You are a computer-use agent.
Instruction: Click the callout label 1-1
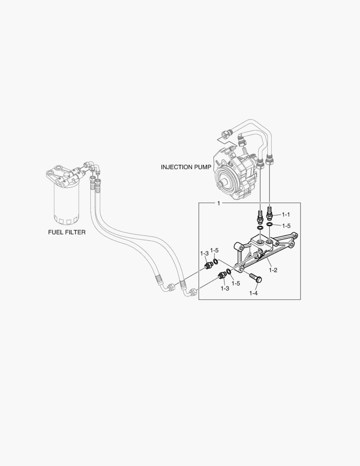(x=286, y=214)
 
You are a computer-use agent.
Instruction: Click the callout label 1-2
(x=272, y=270)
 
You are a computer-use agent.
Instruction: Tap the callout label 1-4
(x=254, y=293)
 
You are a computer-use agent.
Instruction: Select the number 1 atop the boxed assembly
(x=219, y=203)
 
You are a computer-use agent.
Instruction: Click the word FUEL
(x=55, y=232)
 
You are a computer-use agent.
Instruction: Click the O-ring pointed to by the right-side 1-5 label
(x=269, y=224)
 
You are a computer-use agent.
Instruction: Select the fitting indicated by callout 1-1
(x=270, y=212)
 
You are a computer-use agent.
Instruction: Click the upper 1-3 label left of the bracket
(x=204, y=253)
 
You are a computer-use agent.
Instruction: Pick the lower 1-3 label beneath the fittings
(x=225, y=288)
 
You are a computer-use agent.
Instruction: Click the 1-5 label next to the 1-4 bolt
(x=236, y=283)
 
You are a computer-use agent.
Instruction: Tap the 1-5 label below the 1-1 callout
(x=286, y=225)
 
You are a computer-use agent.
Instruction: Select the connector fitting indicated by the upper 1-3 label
(x=209, y=265)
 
